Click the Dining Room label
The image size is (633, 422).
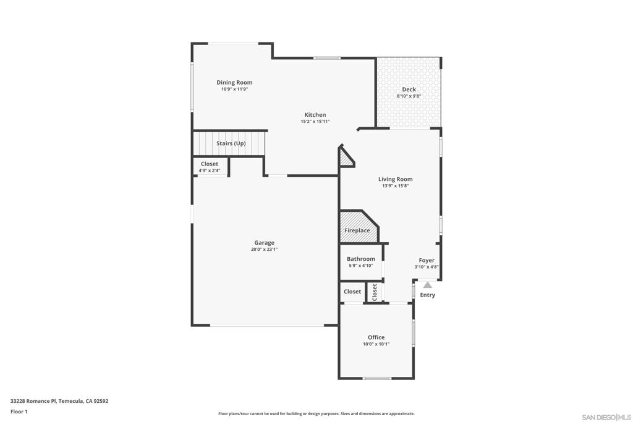click(234, 82)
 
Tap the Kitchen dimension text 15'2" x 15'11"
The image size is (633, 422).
click(315, 122)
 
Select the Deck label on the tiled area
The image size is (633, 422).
click(409, 90)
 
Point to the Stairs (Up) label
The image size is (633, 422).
click(231, 143)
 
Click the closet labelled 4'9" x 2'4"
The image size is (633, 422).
click(210, 167)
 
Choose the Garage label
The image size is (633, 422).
click(264, 243)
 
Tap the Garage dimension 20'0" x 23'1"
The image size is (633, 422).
click(264, 250)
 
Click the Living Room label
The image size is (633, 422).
click(395, 179)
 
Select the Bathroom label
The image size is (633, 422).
click(360, 259)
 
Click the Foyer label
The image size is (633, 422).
click(427, 261)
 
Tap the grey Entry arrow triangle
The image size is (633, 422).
click(427, 285)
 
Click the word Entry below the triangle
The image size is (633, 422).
click(427, 295)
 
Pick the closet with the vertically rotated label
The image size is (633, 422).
click(374, 292)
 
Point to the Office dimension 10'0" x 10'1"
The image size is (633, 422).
click(376, 344)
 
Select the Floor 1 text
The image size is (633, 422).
click(19, 411)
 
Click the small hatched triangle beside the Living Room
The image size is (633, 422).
click(345, 159)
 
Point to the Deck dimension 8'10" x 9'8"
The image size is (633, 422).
click(409, 96)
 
